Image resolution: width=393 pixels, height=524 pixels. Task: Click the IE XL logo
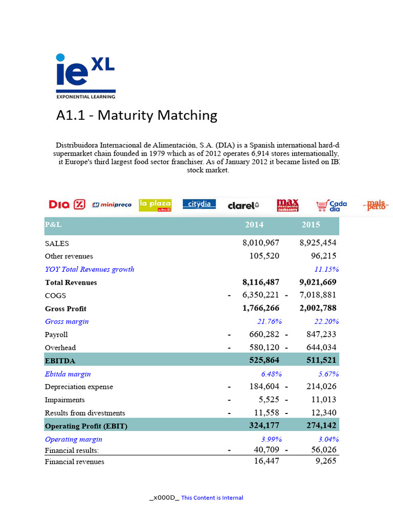tap(85, 76)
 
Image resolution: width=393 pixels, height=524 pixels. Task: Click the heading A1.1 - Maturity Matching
tap(137, 115)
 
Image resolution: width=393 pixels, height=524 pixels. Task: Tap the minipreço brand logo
tap(112, 205)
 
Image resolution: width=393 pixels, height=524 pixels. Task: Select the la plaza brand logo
tap(155, 205)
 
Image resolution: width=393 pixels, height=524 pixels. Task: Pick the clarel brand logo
tap(243, 205)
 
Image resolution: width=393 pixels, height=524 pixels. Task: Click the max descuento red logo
tap(287, 205)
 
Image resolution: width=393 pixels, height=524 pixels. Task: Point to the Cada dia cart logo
tap(332, 205)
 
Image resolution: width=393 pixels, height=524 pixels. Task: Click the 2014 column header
tap(254, 225)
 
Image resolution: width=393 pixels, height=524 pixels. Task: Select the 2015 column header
tap(311, 225)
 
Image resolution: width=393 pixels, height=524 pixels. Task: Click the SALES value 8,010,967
tap(260, 243)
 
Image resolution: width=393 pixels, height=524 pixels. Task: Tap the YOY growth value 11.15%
tap(326, 269)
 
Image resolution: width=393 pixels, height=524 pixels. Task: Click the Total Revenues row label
tap(71, 282)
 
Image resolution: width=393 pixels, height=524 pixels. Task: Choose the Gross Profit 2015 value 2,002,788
tap(317, 308)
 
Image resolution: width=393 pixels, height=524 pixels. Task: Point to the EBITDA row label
tap(60, 361)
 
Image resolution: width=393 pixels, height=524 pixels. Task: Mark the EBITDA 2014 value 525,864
tap(264, 360)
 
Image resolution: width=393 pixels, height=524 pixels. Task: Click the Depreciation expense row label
tap(79, 387)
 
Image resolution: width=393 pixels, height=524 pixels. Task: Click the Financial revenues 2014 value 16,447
tap(267, 461)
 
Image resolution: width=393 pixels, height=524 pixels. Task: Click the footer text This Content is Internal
tap(212, 497)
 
